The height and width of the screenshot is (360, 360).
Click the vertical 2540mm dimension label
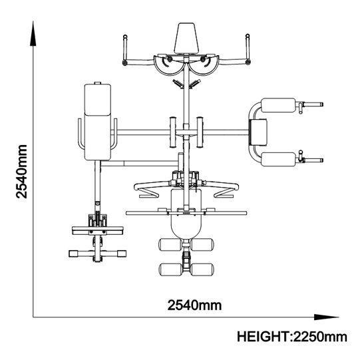(x=21, y=171)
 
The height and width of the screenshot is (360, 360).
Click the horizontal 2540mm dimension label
(x=194, y=305)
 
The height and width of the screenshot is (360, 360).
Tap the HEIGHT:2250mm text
(x=292, y=337)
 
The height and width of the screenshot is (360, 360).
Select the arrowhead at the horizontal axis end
(x=327, y=317)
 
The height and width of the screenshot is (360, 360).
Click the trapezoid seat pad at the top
(x=186, y=38)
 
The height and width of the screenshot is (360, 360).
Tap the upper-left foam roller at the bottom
(x=170, y=245)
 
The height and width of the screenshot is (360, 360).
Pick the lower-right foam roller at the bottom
(x=202, y=270)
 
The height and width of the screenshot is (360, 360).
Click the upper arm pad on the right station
(x=278, y=105)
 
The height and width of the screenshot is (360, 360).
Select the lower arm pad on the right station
(x=279, y=159)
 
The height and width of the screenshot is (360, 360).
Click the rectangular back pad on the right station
(x=258, y=132)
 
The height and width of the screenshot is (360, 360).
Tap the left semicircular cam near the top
(x=168, y=65)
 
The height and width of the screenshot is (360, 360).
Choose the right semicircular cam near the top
(x=204, y=65)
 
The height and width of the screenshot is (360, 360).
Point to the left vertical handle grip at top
(x=125, y=47)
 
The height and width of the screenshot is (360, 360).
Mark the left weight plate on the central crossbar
(x=172, y=132)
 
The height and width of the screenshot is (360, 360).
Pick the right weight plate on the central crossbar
(x=200, y=132)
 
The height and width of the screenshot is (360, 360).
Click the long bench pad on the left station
(x=98, y=122)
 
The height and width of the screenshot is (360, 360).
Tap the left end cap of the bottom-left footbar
(x=73, y=254)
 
